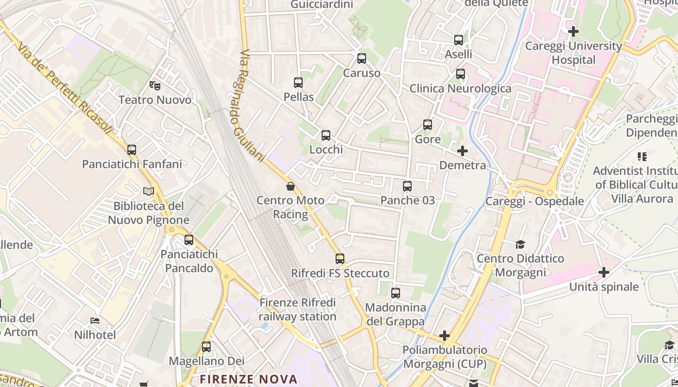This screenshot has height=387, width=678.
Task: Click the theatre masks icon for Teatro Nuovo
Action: point(155,86)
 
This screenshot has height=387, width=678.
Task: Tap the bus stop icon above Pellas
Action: point(298,83)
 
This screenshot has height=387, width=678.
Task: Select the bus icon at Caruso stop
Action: point(362,59)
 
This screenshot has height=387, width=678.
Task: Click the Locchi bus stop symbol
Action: point(326,135)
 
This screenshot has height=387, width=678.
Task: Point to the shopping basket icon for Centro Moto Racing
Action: point(291,186)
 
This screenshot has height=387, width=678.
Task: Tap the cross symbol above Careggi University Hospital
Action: point(573,32)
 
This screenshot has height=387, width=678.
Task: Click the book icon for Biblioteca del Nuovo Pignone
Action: point(149,192)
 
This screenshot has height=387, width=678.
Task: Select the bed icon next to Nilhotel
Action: point(95,321)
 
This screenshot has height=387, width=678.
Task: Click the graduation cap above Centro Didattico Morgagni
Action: point(520,244)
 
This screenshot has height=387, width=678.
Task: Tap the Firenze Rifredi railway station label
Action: point(297,310)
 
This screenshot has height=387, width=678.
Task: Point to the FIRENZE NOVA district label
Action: point(248,379)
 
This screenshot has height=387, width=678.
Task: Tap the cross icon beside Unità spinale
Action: point(603,272)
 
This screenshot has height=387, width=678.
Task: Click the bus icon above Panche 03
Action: point(407,186)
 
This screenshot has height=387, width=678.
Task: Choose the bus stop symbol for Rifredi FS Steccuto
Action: point(340,259)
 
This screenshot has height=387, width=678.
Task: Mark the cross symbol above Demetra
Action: point(462,151)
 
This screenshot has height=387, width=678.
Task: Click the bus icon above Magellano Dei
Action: point(206,347)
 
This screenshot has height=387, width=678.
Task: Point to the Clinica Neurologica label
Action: point(460,89)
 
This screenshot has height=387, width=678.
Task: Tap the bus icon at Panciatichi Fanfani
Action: point(132,150)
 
